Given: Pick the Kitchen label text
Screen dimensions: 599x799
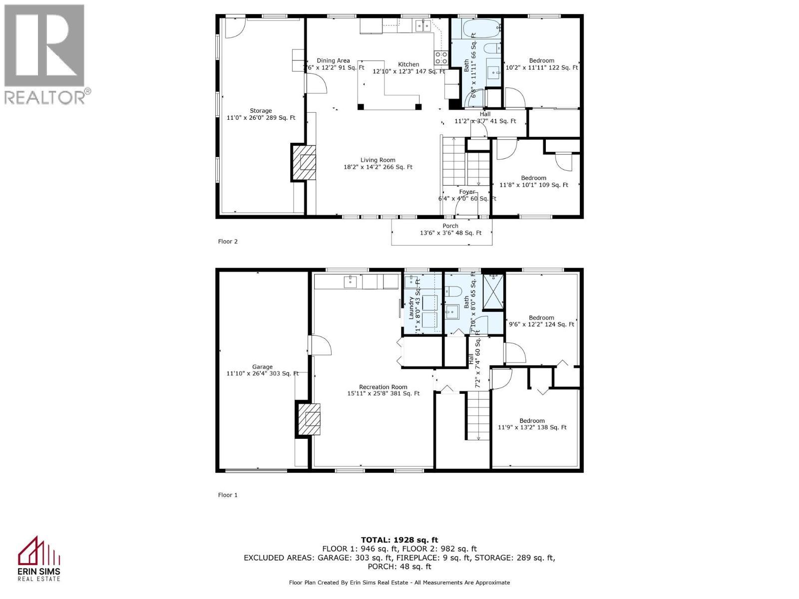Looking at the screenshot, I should coord(408,64).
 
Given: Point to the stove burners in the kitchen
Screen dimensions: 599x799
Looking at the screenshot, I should coord(441,58).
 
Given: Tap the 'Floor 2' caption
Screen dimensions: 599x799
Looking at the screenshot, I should coord(228,242).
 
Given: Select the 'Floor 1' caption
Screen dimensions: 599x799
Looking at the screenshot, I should coord(228,495).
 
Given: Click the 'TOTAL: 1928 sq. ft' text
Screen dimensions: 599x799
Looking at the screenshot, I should coord(399,540).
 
